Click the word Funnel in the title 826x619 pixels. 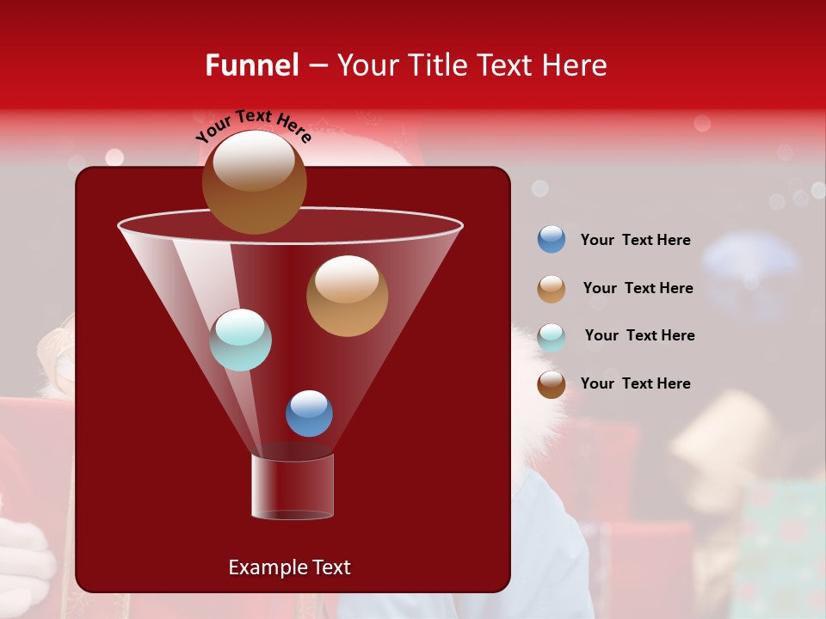point(252,65)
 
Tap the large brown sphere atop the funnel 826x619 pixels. point(255,181)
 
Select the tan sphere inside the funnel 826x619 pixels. point(347,296)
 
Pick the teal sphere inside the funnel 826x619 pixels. point(240,340)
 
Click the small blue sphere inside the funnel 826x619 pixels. point(309,413)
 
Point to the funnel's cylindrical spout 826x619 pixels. point(293,487)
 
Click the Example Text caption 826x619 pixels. point(289,567)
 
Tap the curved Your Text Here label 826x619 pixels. point(253,125)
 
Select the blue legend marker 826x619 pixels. point(552,240)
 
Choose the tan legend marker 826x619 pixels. point(552,289)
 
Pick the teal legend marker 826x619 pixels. point(552,337)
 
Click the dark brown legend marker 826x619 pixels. point(552,384)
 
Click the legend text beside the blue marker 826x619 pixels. point(635,240)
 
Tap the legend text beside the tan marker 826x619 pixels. point(638,288)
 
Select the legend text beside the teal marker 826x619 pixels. point(639,335)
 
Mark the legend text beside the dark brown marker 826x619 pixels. point(635,383)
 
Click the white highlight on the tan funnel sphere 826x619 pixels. point(347,279)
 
